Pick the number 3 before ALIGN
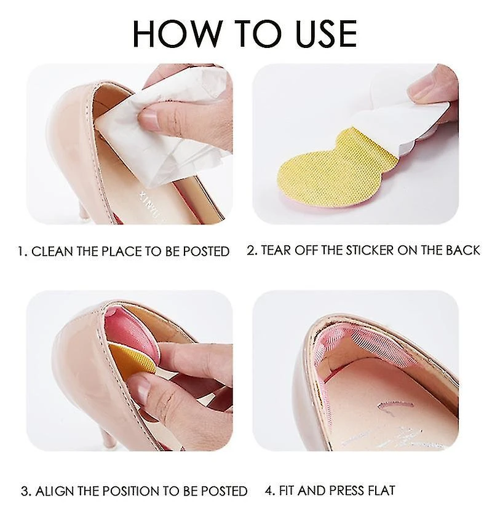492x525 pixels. pos(25,491)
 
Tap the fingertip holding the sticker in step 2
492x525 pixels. pos(426,89)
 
